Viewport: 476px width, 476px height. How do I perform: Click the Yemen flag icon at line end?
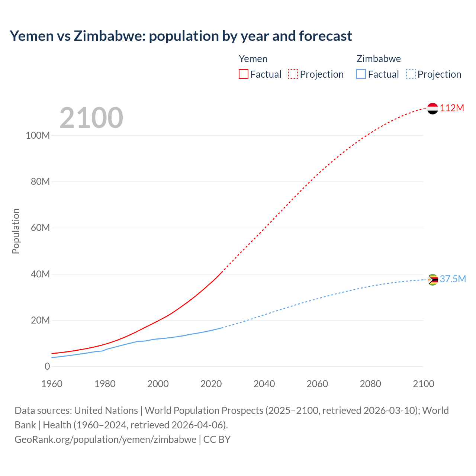point(432,108)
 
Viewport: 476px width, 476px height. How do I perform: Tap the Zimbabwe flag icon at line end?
point(432,279)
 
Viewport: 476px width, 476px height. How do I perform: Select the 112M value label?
point(452,108)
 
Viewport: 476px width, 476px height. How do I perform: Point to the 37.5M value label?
point(453,279)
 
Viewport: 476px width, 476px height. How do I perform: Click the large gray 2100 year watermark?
point(91,118)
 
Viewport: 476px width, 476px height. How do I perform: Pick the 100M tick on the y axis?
point(38,135)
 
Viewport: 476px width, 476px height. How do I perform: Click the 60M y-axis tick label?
point(40,228)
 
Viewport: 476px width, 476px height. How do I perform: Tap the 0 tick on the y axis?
point(47,366)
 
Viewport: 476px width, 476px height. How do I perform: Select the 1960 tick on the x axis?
point(52,384)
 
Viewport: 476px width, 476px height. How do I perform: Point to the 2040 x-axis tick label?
point(264,384)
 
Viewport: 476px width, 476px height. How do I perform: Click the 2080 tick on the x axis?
point(370,384)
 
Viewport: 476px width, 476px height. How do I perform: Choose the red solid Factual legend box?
point(244,74)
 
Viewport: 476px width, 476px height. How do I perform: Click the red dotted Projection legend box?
point(293,74)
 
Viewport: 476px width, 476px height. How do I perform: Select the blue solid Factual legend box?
point(361,74)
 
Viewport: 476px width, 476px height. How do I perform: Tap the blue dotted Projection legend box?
point(411,74)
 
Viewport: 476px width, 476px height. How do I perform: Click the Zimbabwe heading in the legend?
point(379,59)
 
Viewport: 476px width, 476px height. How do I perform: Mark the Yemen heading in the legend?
point(253,59)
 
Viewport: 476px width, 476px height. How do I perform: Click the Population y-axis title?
point(16,231)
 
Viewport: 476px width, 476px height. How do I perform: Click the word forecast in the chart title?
point(325,36)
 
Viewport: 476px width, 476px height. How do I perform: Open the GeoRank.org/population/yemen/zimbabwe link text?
point(105,439)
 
